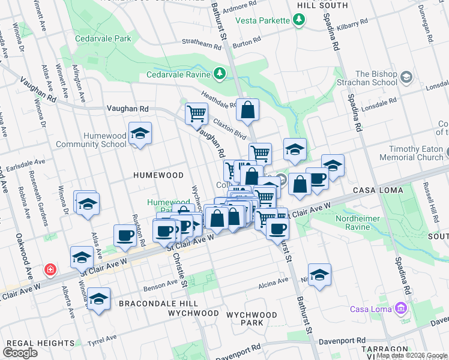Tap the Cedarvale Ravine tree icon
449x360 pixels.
coord(220,74)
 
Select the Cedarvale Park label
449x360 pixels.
coord(103,38)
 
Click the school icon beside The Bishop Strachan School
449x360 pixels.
coord(406,78)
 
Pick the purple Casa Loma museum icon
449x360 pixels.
coord(401,309)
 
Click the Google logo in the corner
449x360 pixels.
coord(21,352)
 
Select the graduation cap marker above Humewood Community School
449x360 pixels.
coord(140,133)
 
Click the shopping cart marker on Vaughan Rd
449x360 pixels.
coord(196,113)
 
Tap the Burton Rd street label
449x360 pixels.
coord(247,43)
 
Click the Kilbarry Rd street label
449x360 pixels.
coord(353,26)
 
